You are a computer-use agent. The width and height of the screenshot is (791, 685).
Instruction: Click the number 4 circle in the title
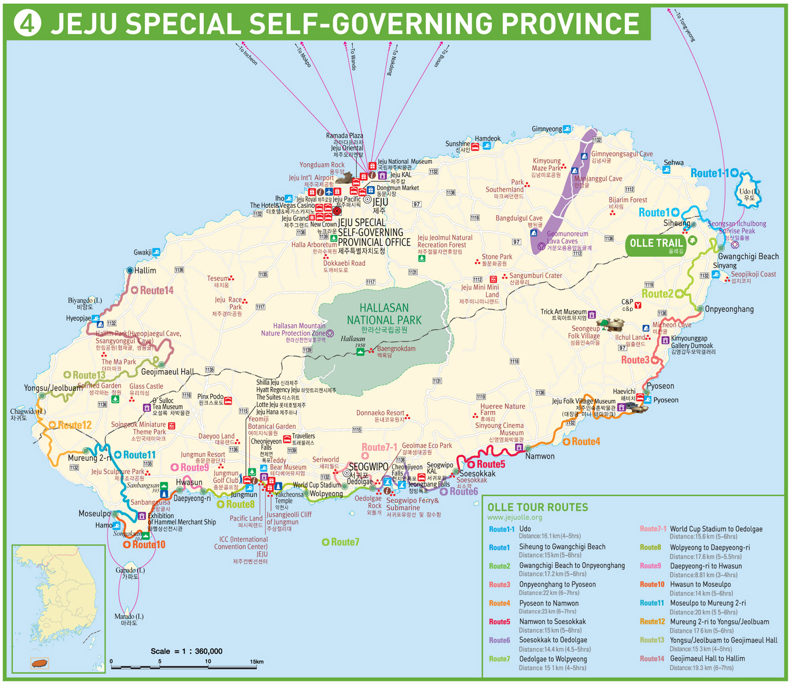pyautogui.click(x=27, y=24)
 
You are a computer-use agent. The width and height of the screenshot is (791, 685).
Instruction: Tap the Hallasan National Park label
pyautogui.click(x=384, y=314)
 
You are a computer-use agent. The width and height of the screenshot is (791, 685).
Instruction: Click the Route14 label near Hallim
pyautogui.click(x=156, y=291)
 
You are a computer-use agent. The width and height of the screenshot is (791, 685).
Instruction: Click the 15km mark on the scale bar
pyautogui.click(x=256, y=661)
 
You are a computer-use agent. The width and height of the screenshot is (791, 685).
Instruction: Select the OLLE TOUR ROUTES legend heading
pyautogui.click(x=537, y=507)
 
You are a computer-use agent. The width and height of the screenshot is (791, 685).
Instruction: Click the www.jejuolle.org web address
pyautogui.click(x=514, y=518)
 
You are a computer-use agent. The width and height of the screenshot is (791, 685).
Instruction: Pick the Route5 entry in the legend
pyautogui.click(x=499, y=622)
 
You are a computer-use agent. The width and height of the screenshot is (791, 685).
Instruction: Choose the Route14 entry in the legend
pyautogui.click(x=652, y=659)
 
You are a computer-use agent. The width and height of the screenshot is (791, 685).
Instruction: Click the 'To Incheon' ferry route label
pyautogui.click(x=247, y=55)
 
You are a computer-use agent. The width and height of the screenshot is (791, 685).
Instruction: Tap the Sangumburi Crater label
pyautogui.click(x=535, y=276)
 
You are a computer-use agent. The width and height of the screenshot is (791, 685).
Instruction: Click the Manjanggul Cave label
pyautogui.click(x=597, y=179)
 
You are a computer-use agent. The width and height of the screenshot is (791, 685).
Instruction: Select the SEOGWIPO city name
pyautogui.click(x=368, y=467)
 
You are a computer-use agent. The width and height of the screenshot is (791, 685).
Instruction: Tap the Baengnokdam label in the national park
pyautogui.click(x=395, y=349)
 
